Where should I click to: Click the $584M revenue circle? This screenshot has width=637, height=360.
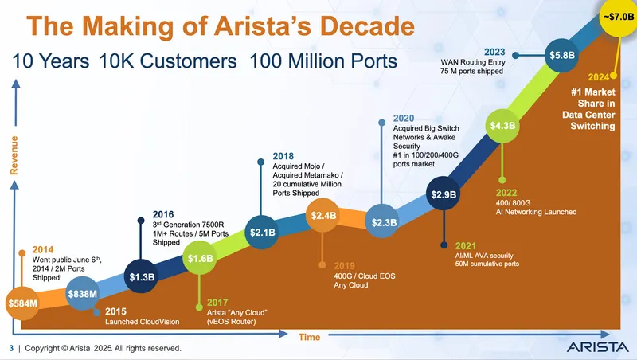click(21, 303)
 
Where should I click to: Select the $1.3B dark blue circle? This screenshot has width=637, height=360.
click(143, 277)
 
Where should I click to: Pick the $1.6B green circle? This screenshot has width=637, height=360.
click(200, 259)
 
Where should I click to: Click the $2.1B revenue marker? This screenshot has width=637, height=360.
click(263, 233)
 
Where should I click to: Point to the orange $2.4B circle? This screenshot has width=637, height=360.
click(324, 215)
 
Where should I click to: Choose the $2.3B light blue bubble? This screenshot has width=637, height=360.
click(384, 222)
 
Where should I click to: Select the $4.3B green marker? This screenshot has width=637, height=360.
click(503, 126)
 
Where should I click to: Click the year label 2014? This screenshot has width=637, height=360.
click(43, 249)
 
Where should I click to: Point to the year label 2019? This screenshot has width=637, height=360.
click(345, 266)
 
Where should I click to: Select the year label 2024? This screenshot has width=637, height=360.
click(599, 77)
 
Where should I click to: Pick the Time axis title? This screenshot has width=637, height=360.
click(309, 337)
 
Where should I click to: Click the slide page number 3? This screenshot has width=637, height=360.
click(10, 348)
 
